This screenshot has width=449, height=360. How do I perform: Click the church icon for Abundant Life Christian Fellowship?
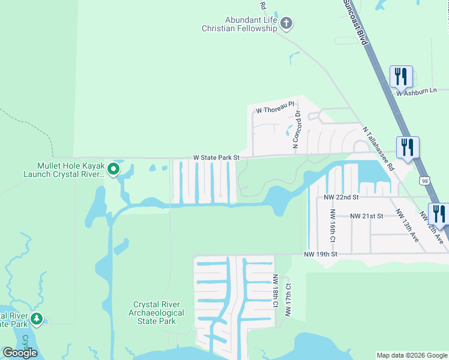click(x=286, y=24)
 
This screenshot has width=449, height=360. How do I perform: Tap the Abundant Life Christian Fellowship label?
click(x=240, y=24)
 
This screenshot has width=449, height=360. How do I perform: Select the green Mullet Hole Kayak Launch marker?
click(x=113, y=170)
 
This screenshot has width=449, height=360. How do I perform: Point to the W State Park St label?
click(x=216, y=158)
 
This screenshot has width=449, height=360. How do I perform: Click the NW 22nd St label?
click(x=340, y=197)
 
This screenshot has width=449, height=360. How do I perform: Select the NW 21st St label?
click(x=366, y=216)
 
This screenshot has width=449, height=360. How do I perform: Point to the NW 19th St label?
click(x=321, y=254)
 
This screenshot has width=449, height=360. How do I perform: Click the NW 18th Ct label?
click(x=276, y=291)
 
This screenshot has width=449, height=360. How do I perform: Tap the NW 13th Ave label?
click(x=406, y=225)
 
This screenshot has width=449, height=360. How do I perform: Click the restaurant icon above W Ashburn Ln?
click(x=401, y=77)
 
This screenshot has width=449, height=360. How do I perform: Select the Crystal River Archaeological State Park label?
click(x=158, y=313)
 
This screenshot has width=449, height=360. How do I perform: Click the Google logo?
click(x=20, y=353)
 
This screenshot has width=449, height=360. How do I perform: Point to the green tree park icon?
click(x=37, y=319)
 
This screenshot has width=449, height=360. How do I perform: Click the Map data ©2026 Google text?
click(x=411, y=355)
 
